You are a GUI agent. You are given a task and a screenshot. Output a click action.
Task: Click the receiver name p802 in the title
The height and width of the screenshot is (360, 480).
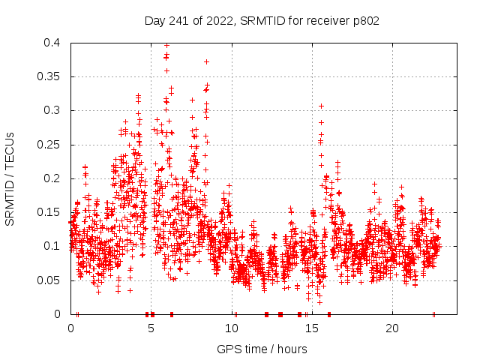[x=363, y=20]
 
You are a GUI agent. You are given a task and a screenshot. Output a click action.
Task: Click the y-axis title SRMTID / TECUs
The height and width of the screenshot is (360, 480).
[x=10, y=178]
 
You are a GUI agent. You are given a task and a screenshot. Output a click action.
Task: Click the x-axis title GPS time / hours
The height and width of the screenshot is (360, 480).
[x=262, y=349]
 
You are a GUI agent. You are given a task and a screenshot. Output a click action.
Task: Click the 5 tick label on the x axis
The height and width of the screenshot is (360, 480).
[x=151, y=328]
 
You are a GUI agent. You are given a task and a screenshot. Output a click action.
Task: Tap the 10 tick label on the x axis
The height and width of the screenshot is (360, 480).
[x=232, y=328]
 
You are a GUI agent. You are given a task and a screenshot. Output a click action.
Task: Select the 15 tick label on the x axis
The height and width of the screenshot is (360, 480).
[x=312, y=328]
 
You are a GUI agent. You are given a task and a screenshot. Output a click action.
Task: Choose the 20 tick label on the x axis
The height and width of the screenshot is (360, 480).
[x=392, y=328]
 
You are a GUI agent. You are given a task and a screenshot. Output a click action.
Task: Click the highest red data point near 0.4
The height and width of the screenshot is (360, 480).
[x=166, y=46]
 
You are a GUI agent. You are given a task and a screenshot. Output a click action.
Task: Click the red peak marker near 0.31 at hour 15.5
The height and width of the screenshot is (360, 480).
[x=321, y=106]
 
